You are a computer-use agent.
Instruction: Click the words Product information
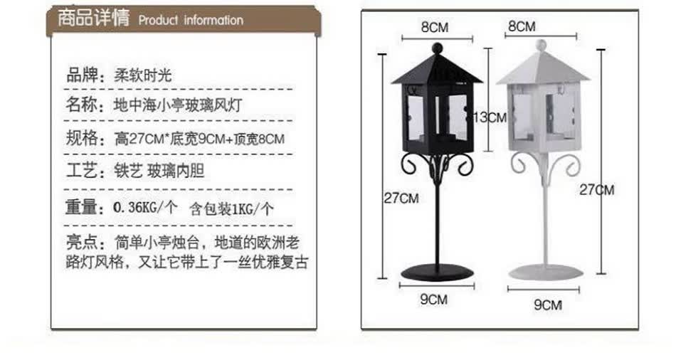coord(191,20)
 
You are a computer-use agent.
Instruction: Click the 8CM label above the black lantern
coord(434,28)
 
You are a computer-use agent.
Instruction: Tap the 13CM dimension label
coord(491,117)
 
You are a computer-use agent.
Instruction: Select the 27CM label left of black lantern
coord(402,198)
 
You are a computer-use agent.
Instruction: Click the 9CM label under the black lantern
coord(433,300)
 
